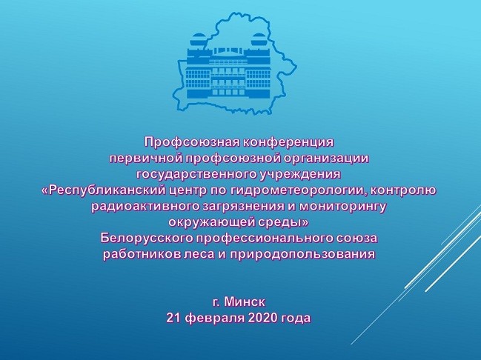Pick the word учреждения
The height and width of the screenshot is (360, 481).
[x=300, y=175]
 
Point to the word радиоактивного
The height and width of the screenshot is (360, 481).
[x=146, y=207]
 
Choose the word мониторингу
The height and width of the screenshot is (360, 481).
[x=342, y=207]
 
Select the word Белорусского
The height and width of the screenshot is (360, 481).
[x=146, y=239]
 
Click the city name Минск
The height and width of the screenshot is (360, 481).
[x=245, y=302]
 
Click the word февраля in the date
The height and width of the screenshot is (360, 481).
[x=214, y=319]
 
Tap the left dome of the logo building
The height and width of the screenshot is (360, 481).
[x=196, y=39]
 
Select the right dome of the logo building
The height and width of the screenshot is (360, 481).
[x=259, y=39]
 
